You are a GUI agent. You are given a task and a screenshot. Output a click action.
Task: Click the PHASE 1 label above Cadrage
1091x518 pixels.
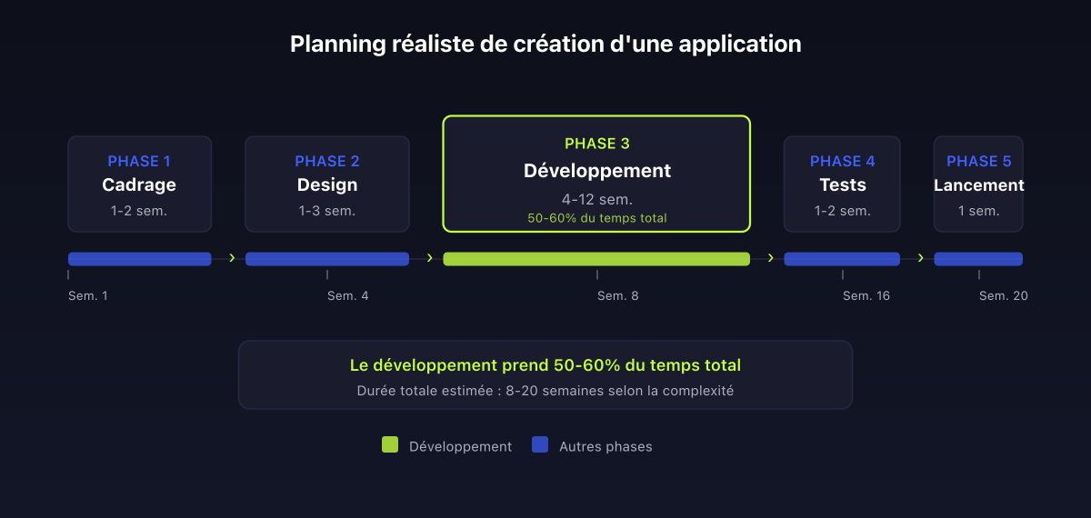point(139,162)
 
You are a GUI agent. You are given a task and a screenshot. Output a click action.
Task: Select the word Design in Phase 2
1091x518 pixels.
point(327,185)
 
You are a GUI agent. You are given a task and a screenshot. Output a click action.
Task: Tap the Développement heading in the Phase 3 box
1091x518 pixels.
point(597,171)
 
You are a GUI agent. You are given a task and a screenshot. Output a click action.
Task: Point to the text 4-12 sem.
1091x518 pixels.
point(597,199)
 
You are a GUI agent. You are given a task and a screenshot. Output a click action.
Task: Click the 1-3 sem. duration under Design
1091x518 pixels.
point(327,211)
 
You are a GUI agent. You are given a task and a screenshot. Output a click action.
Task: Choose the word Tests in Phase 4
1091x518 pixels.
point(843,185)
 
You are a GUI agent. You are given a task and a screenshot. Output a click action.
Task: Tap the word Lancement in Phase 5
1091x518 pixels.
point(979,185)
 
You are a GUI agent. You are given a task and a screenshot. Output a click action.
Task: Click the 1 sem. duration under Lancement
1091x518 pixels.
point(979,211)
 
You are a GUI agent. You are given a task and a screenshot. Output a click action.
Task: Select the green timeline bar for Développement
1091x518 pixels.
point(596,259)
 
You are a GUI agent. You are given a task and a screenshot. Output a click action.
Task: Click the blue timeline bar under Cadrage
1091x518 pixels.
point(139,259)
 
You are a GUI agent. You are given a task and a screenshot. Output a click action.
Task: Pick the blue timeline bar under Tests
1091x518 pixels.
point(842,259)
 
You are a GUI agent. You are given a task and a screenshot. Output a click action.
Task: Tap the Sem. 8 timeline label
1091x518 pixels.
point(618,296)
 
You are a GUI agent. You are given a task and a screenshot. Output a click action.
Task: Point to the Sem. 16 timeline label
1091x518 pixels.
point(866,296)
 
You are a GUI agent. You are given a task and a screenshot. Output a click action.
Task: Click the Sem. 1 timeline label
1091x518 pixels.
point(88,296)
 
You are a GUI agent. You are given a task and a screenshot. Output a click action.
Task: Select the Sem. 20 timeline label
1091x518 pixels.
point(1004,296)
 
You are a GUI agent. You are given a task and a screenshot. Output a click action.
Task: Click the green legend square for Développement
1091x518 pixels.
point(390,444)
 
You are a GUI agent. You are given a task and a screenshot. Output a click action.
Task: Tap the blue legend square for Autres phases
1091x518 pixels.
point(540,444)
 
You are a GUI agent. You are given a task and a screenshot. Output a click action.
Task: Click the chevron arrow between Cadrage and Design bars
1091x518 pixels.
point(232,258)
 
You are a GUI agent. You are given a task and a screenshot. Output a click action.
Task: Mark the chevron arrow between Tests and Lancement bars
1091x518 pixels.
point(920,258)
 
